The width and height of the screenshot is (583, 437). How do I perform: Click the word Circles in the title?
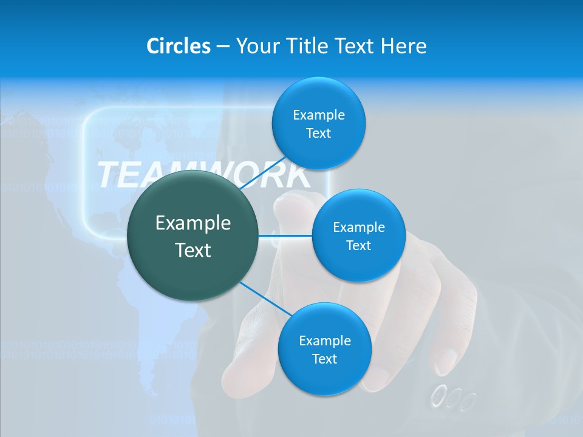pos(179,46)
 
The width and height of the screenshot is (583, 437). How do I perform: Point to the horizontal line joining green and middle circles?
pos(285,235)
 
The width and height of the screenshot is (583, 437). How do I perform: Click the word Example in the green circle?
pos(193,223)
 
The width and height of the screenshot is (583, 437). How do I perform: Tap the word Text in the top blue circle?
pos(318,134)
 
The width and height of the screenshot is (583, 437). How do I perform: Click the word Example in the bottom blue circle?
pos(324,340)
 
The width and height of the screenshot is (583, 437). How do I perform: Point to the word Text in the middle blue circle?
pos(358,245)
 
